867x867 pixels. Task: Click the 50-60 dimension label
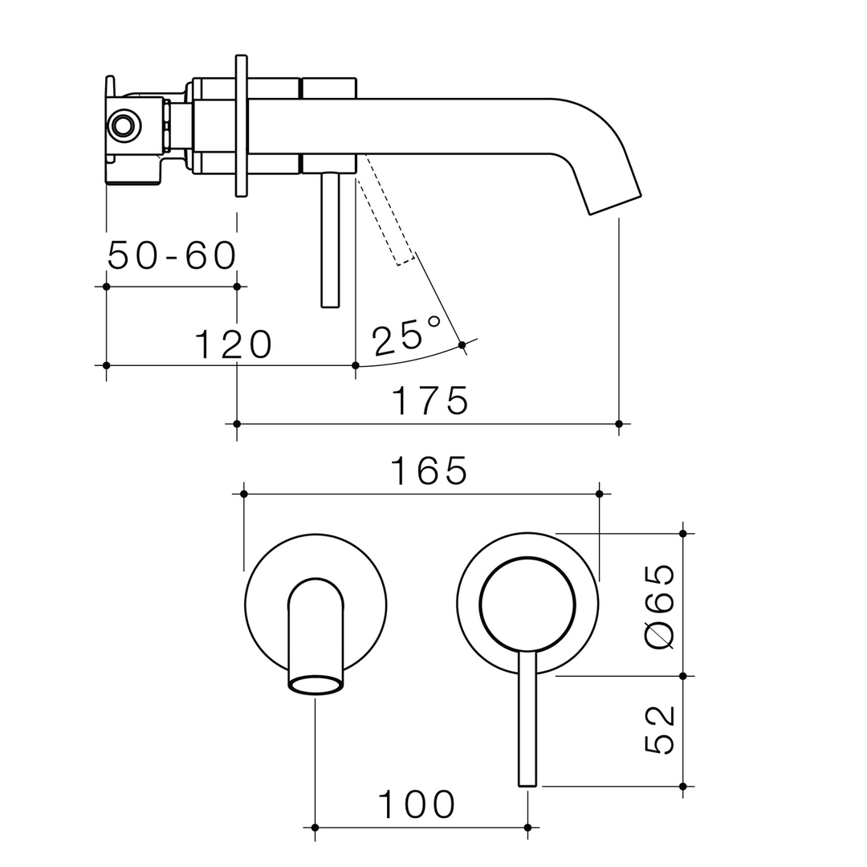[x=172, y=256]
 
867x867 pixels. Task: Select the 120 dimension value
[x=234, y=344]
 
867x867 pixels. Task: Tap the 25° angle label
[x=406, y=336]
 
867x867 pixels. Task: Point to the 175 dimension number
[x=429, y=401]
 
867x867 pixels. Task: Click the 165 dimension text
[x=429, y=471]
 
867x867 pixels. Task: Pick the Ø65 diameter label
[x=659, y=606]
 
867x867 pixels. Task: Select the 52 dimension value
[x=659, y=730]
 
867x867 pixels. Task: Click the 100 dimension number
[x=417, y=804]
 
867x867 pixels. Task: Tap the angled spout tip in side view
[x=614, y=203]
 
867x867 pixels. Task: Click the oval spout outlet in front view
[x=315, y=685]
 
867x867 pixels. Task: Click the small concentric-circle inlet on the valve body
[x=124, y=125]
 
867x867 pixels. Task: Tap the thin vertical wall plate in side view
[x=241, y=125]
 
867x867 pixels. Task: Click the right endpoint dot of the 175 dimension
[x=618, y=424]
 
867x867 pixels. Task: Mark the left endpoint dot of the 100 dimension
[x=315, y=827]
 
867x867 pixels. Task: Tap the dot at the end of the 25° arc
[x=462, y=345]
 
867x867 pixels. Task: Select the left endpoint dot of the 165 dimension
[x=244, y=494]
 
